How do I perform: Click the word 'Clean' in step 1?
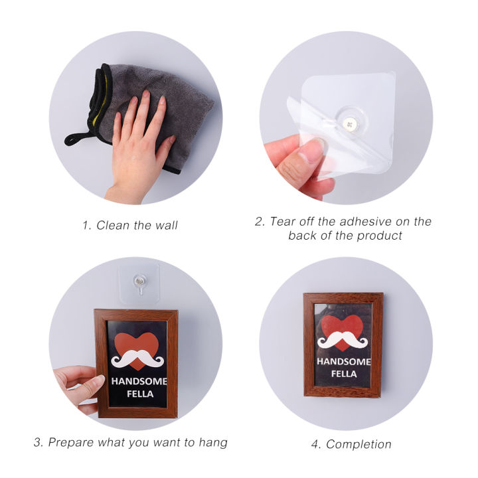pos(113,225)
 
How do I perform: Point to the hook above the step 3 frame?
pos(139,283)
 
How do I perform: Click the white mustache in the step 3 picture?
pos(137,358)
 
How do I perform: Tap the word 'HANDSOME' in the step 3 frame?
pos(139,382)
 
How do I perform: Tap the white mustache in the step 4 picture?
pos(342,340)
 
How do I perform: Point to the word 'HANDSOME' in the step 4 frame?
pos(343,362)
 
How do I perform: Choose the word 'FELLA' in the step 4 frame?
pos(343,373)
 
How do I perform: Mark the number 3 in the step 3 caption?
pos(37,441)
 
